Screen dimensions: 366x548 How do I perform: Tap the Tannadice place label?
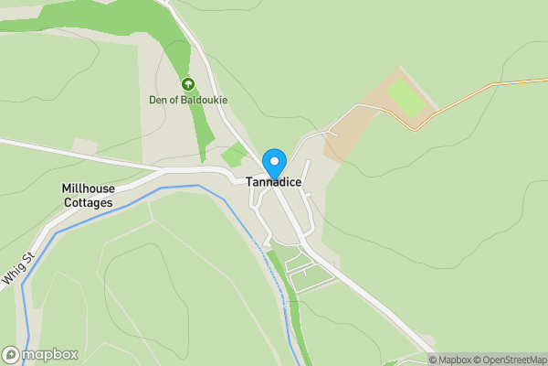click(x=274, y=182)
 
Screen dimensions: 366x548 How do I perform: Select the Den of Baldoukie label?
click(x=188, y=99)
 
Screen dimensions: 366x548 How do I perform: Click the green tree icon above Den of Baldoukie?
click(x=188, y=84)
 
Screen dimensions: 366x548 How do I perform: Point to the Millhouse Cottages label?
click(x=88, y=195)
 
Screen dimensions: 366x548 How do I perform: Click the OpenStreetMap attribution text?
click(x=511, y=360)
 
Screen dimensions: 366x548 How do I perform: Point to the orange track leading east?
click(x=484, y=90)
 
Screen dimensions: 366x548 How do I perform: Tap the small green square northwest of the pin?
click(x=235, y=155)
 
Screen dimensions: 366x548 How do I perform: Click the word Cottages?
click(x=88, y=202)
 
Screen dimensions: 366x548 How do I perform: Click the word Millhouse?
click(x=88, y=188)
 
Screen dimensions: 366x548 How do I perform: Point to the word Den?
click(x=158, y=99)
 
